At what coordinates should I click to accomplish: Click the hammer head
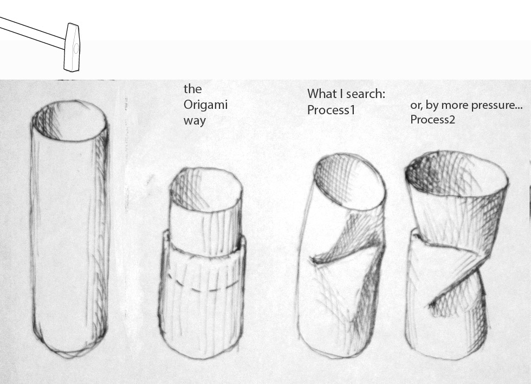point(72,48)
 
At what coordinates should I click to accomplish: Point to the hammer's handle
point(33,32)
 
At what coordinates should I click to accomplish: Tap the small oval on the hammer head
point(76,48)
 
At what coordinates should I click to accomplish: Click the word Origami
point(205,105)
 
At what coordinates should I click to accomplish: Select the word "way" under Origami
point(195,121)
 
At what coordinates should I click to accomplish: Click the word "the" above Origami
point(192,89)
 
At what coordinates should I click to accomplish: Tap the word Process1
point(331,110)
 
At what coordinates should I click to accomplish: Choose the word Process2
point(432,120)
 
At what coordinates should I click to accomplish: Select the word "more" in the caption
point(455,105)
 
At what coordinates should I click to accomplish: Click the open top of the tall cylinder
point(70,120)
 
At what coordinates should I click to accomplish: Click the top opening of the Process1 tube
point(349,179)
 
